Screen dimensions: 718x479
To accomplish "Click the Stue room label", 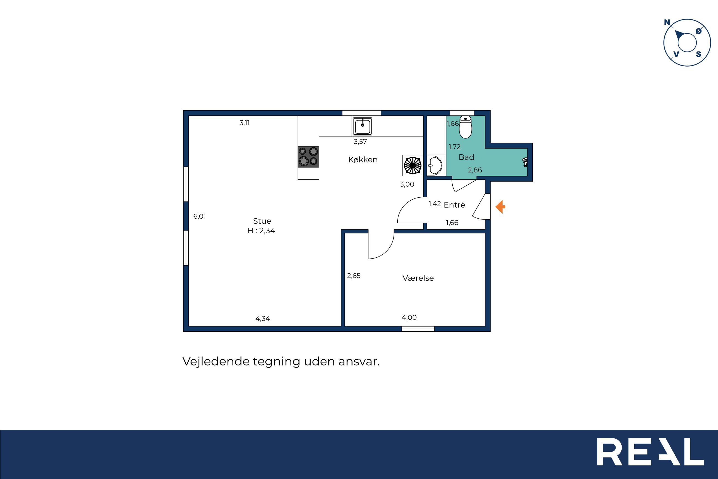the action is click(x=262, y=221).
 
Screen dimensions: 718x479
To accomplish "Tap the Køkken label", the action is click(x=363, y=159).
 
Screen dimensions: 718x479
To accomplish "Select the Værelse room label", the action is click(x=418, y=278).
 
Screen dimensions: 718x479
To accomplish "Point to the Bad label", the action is click(x=466, y=157).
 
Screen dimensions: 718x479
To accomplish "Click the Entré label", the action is click(x=454, y=205).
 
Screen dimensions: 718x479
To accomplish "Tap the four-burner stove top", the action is click(x=308, y=156).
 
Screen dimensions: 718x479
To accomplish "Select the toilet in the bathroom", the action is click(x=465, y=127).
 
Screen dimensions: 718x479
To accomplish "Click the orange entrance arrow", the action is click(x=500, y=207).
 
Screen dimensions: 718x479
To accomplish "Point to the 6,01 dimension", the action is click(x=200, y=216).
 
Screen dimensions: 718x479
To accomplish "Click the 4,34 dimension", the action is click(x=263, y=319).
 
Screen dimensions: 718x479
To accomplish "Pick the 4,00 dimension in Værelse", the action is click(x=409, y=317).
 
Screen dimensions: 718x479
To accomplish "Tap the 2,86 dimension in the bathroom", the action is click(x=475, y=170).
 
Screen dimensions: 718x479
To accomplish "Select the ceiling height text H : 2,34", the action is click(x=261, y=231).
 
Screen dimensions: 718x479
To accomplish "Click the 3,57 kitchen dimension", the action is click(x=360, y=142).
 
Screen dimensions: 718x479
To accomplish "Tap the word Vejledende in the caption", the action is click(x=216, y=361).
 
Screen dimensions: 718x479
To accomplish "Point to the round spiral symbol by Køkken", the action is click(x=413, y=166).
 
